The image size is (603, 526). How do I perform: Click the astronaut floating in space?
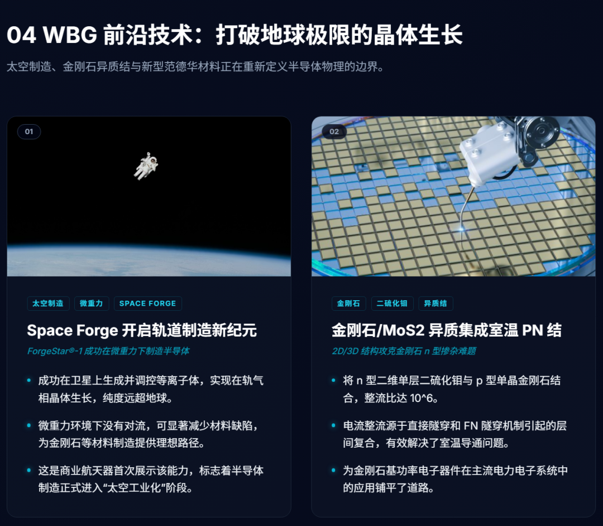[146, 166]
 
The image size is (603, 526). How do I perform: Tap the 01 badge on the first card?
[29, 132]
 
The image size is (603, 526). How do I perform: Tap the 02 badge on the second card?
[334, 132]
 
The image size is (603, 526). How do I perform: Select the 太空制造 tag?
[48, 304]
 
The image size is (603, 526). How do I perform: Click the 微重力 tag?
[92, 304]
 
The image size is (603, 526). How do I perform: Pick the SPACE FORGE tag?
[147, 304]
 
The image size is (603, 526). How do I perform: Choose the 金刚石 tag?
[349, 304]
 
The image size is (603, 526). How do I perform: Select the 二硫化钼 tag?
[393, 304]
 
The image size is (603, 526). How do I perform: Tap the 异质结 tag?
[435, 304]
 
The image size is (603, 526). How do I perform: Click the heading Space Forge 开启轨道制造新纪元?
[142, 330]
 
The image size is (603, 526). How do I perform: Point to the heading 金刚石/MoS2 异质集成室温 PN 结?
[447, 330]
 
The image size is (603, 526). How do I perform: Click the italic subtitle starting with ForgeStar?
[108, 351]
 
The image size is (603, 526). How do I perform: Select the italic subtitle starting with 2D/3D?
[404, 351]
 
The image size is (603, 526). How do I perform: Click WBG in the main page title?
[70, 35]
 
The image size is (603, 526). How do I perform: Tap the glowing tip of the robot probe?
[461, 229]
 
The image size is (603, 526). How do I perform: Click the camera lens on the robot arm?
[542, 130]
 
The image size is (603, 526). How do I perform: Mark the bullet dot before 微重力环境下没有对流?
[29, 425]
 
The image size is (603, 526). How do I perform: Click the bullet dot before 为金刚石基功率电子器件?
[333, 471]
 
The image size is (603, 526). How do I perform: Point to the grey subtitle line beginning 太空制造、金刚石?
[195, 67]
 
